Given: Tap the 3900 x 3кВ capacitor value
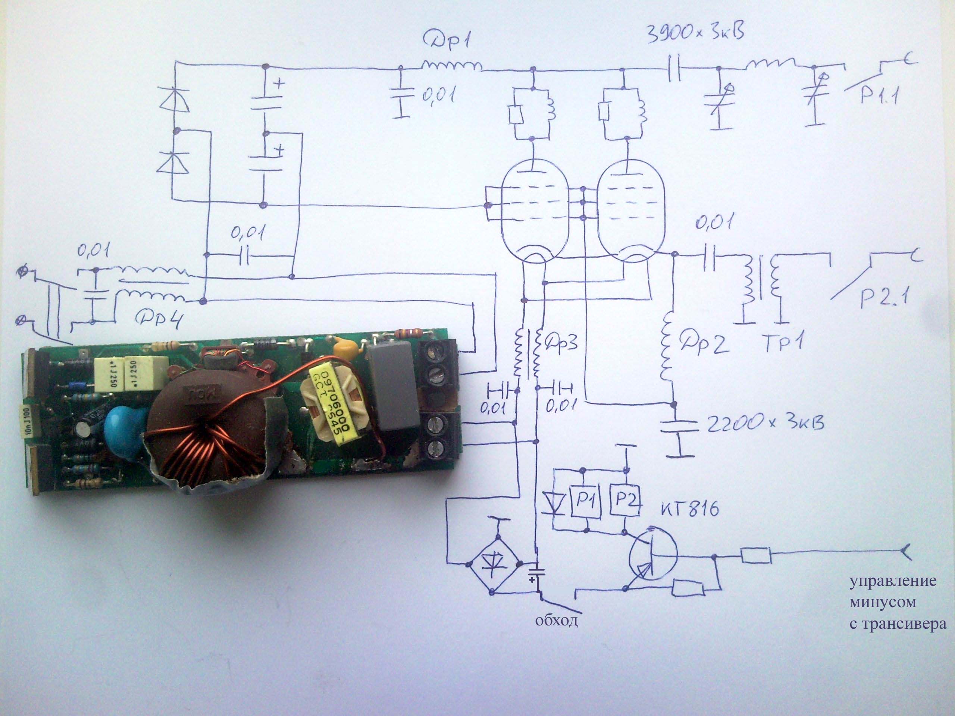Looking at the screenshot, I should [695, 33].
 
